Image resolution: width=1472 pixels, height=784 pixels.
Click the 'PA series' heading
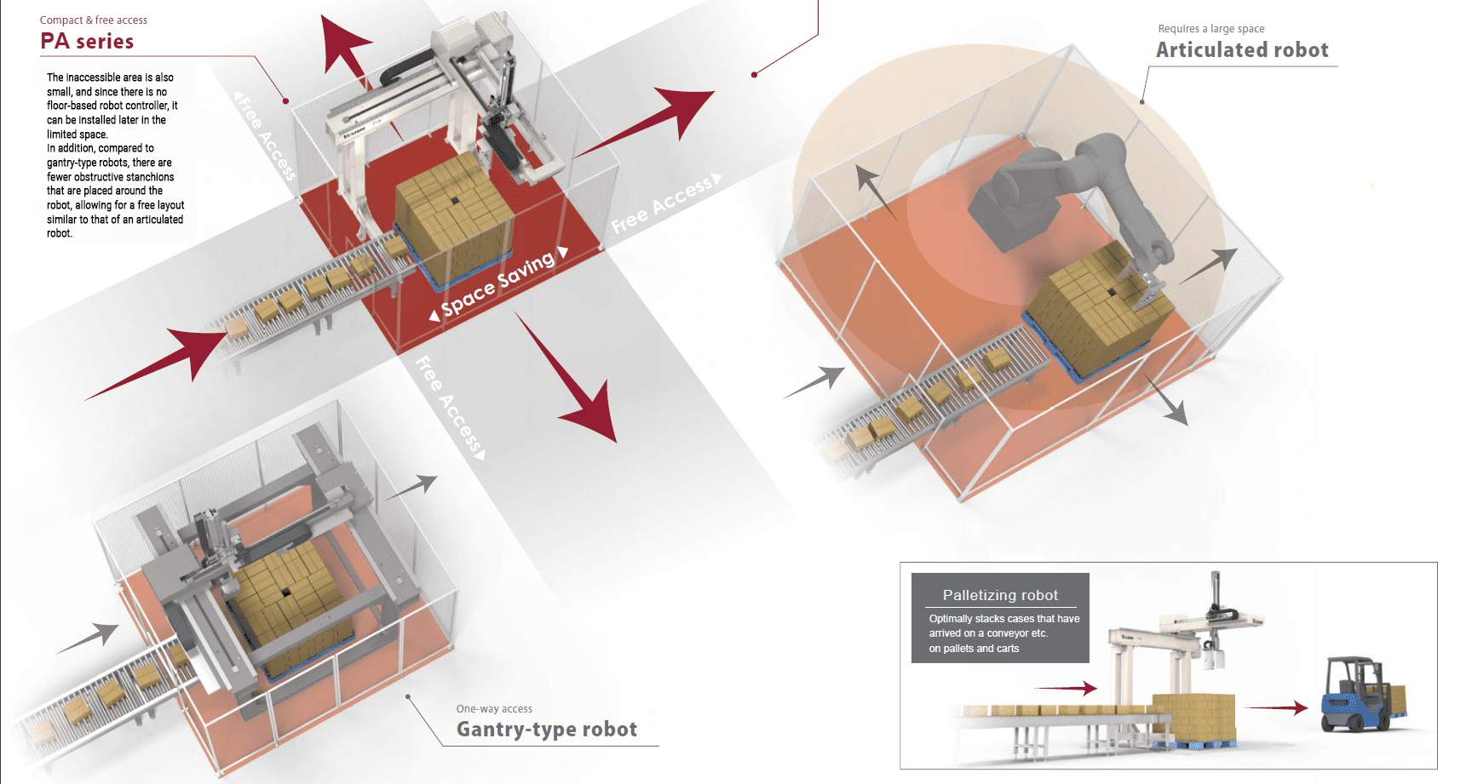[87, 41]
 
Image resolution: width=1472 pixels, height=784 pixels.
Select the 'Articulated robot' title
[1242, 50]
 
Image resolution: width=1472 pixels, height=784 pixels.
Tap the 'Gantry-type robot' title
[546, 730]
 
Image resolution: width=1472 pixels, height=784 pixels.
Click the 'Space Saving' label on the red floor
[498, 284]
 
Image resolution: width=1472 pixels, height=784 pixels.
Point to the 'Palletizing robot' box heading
[1000, 595]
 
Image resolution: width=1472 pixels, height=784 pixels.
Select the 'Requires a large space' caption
[1210, 29]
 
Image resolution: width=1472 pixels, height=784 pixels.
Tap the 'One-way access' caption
[494, 709]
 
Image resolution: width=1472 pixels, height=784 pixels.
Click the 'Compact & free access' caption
[94, 20]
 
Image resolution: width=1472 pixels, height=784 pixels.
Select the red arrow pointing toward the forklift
[1278, 707]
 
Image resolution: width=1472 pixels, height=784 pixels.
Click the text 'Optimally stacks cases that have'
[1003, 619]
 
